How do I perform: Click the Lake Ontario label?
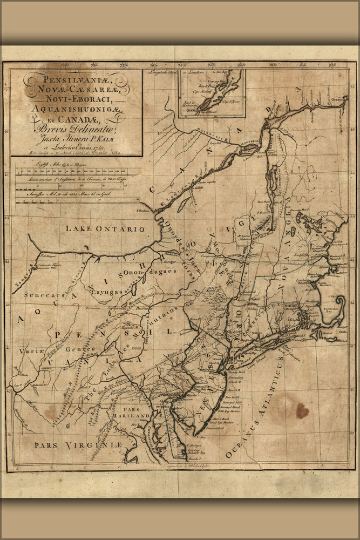105,228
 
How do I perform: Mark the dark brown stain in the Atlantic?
302,411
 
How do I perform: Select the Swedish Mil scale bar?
76,200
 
